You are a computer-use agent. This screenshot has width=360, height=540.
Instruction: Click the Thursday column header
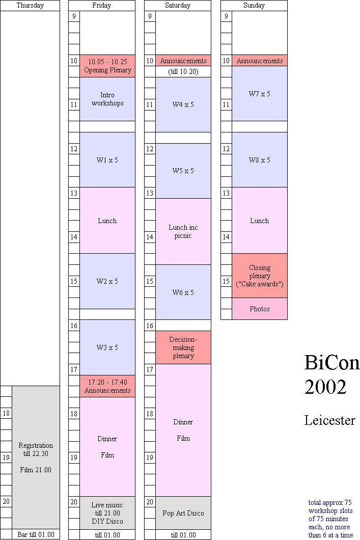click(x=30, y=6)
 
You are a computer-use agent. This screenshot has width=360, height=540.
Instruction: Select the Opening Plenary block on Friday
click(x=107, y=66)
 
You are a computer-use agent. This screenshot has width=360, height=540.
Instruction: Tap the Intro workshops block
click(x=107, y=99)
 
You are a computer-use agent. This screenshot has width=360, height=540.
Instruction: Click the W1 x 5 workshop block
click(x=107, y=160)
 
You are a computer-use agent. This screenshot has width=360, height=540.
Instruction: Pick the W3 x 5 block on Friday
click(x=107, y=347)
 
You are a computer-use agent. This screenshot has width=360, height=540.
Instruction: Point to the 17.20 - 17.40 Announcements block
click(x=107, y=386)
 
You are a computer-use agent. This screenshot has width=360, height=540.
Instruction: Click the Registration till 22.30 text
click(x=36, y=449)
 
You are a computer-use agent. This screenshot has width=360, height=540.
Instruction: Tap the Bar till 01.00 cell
click(x=36, y=534)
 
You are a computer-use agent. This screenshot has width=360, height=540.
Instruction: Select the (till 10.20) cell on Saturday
click(x=183, y=72)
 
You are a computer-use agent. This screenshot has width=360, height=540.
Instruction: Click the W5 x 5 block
click(x=183, y=171)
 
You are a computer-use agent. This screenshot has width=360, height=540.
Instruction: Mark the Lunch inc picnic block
click(x=183, y=231)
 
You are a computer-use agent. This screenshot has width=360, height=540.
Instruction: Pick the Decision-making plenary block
click(x=183, y=347)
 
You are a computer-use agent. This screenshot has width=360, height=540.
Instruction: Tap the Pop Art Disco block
click(x=183, y=513)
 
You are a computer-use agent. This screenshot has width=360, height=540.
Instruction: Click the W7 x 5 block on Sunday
click(x=259, y=94)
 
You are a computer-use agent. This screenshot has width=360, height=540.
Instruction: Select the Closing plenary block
click(x=259, y=276)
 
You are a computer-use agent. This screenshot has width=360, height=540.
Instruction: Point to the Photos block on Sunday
click(x=259, y=309)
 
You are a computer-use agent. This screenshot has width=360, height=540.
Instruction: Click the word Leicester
click(x=329, y=421)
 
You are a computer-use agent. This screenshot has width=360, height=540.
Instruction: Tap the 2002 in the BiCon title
click(x=325, y=387)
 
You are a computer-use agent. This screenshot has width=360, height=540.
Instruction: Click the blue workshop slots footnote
click(x=330, y=519)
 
